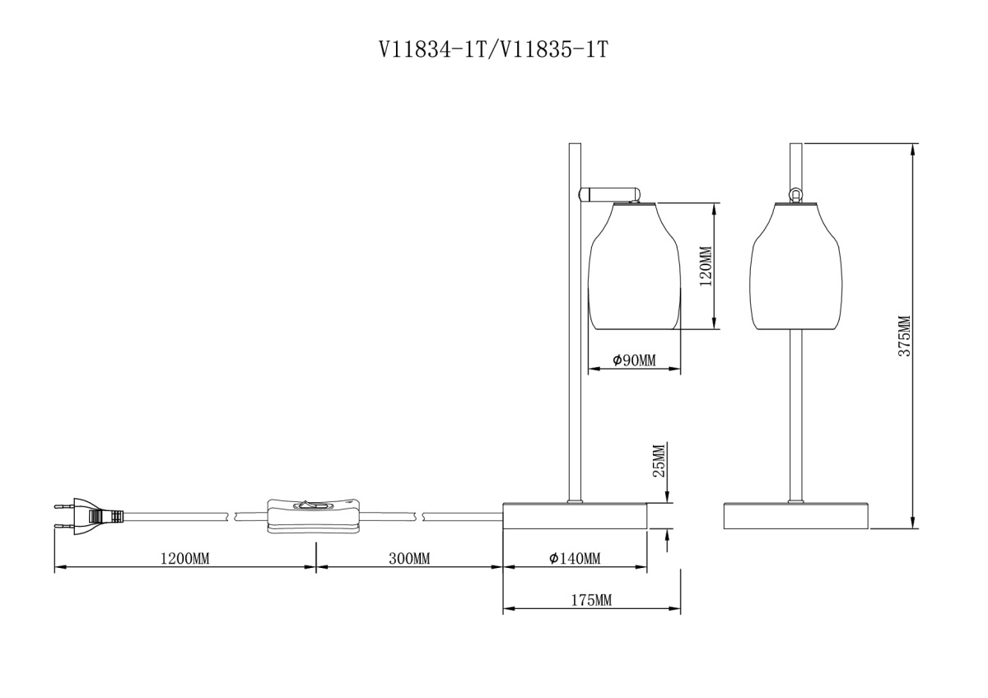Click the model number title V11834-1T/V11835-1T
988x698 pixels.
click(493, 50)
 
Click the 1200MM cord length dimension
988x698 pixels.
click(184, 559)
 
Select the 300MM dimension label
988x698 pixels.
click(409, 559)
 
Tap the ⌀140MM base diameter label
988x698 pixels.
click(575, 559)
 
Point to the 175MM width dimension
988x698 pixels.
click(591, 600)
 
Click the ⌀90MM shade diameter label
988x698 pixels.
click(634, 361)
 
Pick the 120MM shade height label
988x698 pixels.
click(706, 266)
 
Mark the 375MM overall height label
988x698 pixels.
click(904, 336)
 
